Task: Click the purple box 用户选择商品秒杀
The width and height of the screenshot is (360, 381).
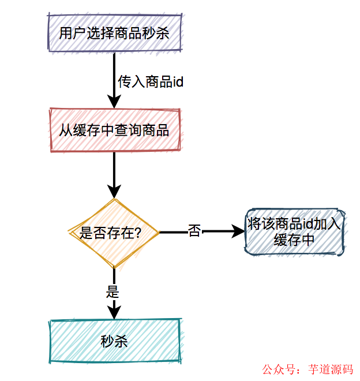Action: pos(114,33)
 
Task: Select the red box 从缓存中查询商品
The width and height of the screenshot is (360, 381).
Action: pos(114,130)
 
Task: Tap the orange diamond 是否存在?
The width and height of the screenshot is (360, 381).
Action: pos(114,233)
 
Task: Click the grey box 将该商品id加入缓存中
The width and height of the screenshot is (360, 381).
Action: pos(294,232)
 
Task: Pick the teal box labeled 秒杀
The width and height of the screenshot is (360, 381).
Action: pos(114,341)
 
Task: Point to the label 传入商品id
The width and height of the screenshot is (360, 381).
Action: pos(151,82)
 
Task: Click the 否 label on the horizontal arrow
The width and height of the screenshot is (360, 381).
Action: pos(194,232)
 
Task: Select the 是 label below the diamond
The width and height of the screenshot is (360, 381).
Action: pos(112,292)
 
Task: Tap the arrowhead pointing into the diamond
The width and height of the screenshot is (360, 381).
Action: pos(114,192)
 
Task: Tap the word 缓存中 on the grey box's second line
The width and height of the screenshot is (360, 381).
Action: pos(294,240)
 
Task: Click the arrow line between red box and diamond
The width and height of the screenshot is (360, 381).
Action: pos(114,167)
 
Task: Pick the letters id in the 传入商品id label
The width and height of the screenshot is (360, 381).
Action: pos(178,82)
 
